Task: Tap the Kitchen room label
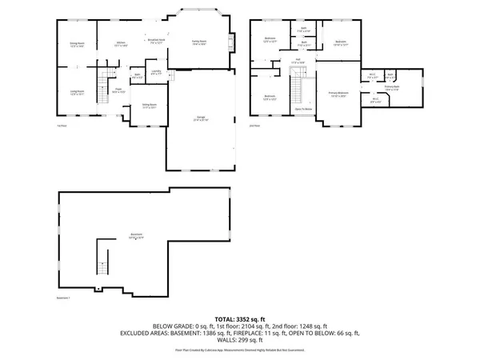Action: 120,43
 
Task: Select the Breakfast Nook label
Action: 155,40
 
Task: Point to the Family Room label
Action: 199,42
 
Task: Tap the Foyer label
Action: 117,90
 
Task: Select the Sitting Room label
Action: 150,105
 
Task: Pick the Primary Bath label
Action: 392,87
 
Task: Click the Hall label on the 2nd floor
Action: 297,60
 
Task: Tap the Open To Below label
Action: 303,108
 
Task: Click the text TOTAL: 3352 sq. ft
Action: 239,318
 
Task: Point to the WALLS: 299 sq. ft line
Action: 239,339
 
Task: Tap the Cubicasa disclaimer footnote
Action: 239,350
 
